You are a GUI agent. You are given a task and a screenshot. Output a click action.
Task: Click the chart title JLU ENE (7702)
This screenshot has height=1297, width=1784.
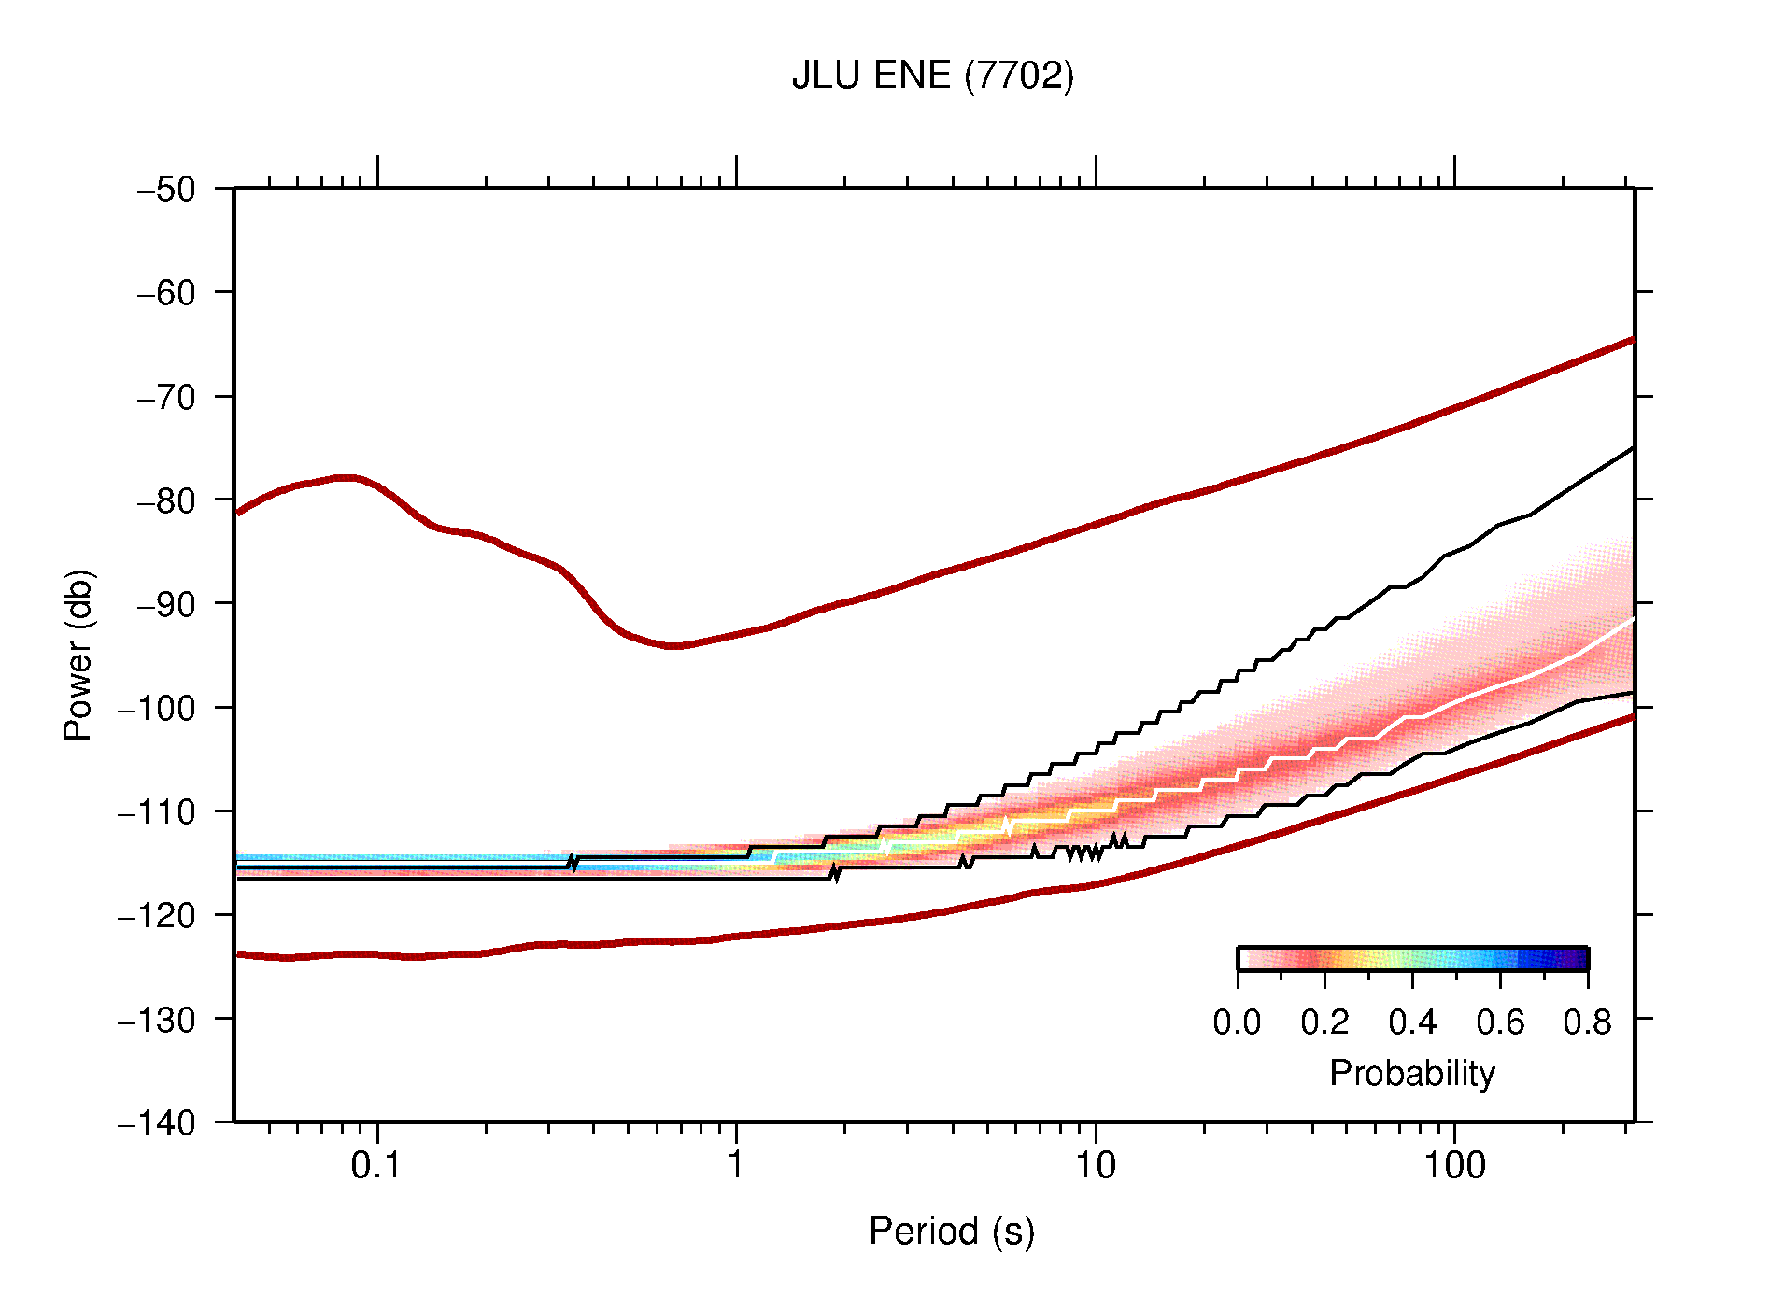(932, 76)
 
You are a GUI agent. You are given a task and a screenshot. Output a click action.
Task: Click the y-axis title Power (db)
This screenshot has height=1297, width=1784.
(78, 655)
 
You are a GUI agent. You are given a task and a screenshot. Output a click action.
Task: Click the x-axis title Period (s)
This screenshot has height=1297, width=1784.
(951, 1232)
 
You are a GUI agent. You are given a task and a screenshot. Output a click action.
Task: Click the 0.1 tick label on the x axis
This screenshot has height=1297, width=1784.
(376, 1165)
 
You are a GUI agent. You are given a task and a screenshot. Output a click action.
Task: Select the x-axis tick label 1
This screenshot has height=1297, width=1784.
(736, 1165)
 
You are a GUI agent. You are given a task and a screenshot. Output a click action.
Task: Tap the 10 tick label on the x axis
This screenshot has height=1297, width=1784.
(1095, 1165)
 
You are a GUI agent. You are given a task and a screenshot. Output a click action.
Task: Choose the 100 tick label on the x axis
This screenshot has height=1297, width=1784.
(1453, 1165)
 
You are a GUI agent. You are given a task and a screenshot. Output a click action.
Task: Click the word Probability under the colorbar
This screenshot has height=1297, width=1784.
(1411, 1074)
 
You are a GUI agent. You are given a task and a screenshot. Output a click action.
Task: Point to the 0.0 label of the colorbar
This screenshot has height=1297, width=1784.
(1237, 1023)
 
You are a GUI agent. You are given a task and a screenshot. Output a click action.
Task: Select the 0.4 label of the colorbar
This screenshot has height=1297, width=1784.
(1412, 1023)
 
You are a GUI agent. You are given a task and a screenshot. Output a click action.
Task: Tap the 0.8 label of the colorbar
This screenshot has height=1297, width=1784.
(1587, 1023)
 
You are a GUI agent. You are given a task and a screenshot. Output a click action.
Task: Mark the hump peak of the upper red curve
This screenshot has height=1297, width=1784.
(346, 478)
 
